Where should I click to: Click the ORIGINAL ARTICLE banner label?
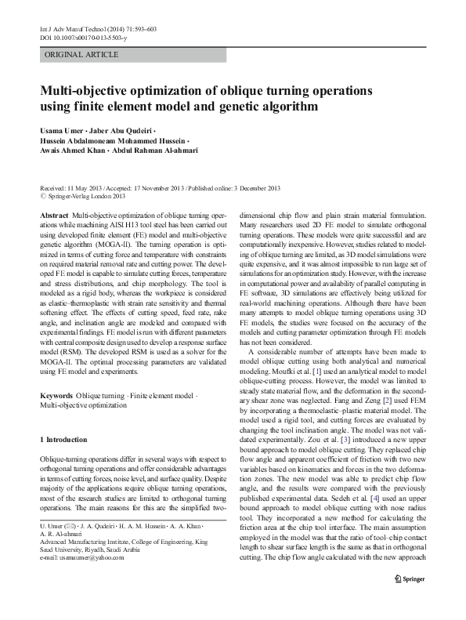pyautogui.click(x=82, y=54)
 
